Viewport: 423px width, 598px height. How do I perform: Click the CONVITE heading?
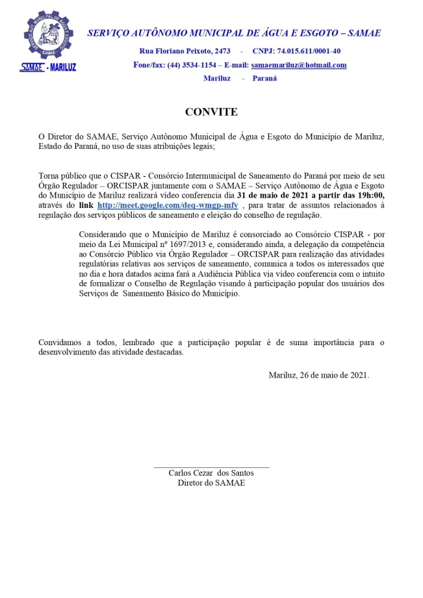pyautogui.click(x=211, y=112)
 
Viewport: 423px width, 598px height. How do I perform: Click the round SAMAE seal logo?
pyautogui.click(x=48, y=33)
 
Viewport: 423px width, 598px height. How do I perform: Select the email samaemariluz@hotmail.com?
pyautogui.click(x=298, y=65)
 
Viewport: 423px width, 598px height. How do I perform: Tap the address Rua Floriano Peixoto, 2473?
pyautogui.click(x=185, y=51)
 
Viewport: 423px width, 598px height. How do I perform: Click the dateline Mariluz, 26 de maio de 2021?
pyautogui.click(x=318, y=375)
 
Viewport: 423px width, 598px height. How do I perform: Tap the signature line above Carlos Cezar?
pyautogui.click(x=211, y=467)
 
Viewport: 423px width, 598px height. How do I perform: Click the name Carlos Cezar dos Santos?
pyautogui.click(x=211, y=473)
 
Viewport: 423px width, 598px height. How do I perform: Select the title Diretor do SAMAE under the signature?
pyautogui.click(x=211, y=483)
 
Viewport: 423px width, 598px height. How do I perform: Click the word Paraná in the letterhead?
pyautogui.click(x=264, y=79)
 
